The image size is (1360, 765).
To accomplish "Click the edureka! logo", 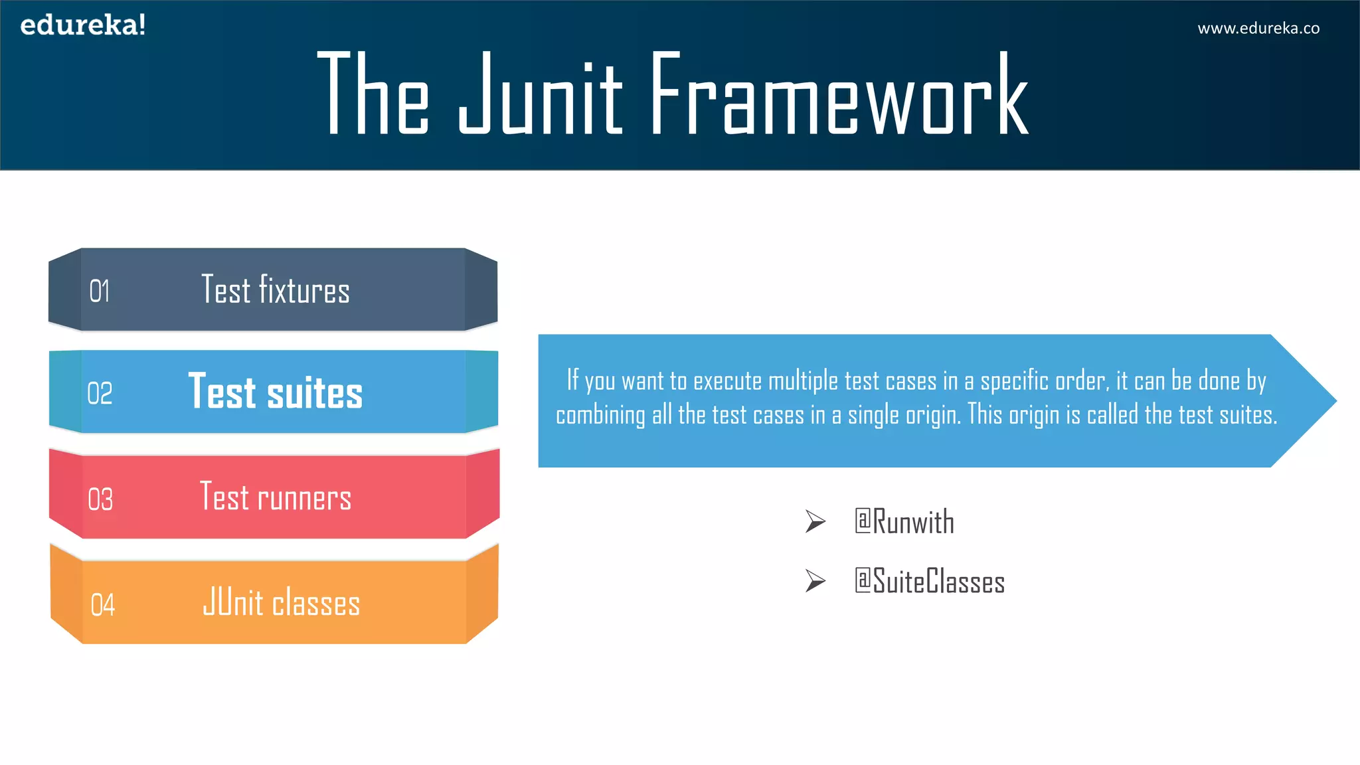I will click(x=83, y=25).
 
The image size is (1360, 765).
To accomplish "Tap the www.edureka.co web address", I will click(x=1258, y=29).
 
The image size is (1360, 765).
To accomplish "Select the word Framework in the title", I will click(x=839, y=95).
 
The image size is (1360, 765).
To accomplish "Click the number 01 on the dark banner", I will click(x=100, y=292).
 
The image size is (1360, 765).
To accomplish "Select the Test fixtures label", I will click(x=275, y=290).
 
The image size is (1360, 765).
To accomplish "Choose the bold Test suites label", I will click(x=275, y=392).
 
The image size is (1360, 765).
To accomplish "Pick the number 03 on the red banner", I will click(x=100, y=499).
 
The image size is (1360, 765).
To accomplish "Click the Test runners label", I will click(x=275, y=497).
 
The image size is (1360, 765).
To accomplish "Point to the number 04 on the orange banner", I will click(x=102, y=605).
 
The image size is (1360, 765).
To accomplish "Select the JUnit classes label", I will click(x=281, y=602).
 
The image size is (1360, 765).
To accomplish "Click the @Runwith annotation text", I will click(x=904, y=522).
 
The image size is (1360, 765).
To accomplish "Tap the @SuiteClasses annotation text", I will click(x=929, y=581).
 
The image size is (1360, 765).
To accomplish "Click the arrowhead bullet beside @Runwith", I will click(x=815, y=522).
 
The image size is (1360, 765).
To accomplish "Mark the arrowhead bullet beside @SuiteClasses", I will click(x=815, y=581).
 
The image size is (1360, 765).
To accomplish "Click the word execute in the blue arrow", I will click(x=727, y=381).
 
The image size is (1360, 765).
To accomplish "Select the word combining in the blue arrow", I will click(x=600, y=416).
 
